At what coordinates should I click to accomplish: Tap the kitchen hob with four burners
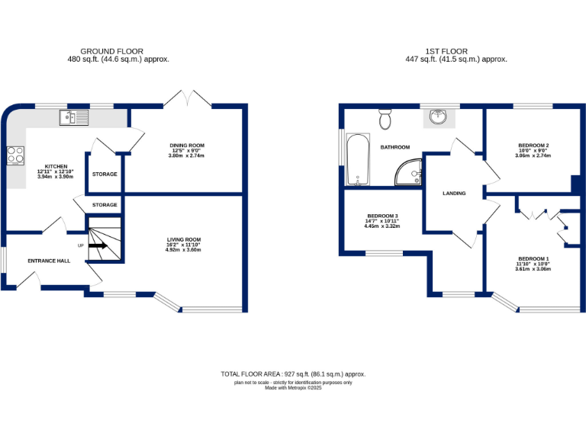15,155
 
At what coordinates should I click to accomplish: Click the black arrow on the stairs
98,245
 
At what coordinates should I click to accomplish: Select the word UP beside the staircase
80,245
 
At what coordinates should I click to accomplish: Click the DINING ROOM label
186,145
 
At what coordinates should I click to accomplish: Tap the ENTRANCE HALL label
49,261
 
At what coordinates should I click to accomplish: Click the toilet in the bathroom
385,120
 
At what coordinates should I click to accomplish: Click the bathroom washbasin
438,118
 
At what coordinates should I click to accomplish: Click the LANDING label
454,194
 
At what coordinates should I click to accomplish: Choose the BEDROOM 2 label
533,145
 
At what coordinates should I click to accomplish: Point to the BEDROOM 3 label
382,216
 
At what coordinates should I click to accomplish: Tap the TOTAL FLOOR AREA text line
293,374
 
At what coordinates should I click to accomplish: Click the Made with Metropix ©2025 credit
293,388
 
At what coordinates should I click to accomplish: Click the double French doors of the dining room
187,98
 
